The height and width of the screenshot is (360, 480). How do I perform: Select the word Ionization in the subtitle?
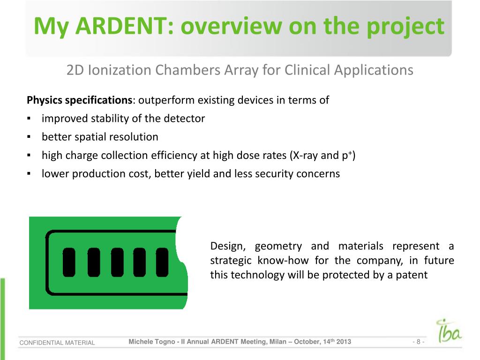pyautogui.click(x=120, y=70)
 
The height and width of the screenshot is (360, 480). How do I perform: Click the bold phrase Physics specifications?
pyautogui.click(x=79, y=100)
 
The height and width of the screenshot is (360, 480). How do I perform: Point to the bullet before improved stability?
pyautogui.click(x=29, y=119)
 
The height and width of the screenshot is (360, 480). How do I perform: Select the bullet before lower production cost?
pyautogui.click(x=29, y=174)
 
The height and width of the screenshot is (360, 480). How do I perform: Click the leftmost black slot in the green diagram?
pyautogui.click(x=69, y=262)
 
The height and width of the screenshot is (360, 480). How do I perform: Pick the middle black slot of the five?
pyautogui.click(x=117, y=262)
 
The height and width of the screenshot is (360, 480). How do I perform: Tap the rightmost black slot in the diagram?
pyautogui.click(x=162, y=262)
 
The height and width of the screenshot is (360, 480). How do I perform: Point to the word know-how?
pyautogui.click(x=283, y=261)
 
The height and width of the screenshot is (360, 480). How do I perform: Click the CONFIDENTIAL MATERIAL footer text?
pyautogui.click(x=57, y=343)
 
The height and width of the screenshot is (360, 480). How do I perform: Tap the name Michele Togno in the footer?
pyautogui.click(x=151, y=342)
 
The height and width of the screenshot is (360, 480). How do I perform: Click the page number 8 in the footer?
pyautogui.click(x=419, y=342)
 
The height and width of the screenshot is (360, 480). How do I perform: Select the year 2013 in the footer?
pyautogui.click(x=344, y=342)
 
